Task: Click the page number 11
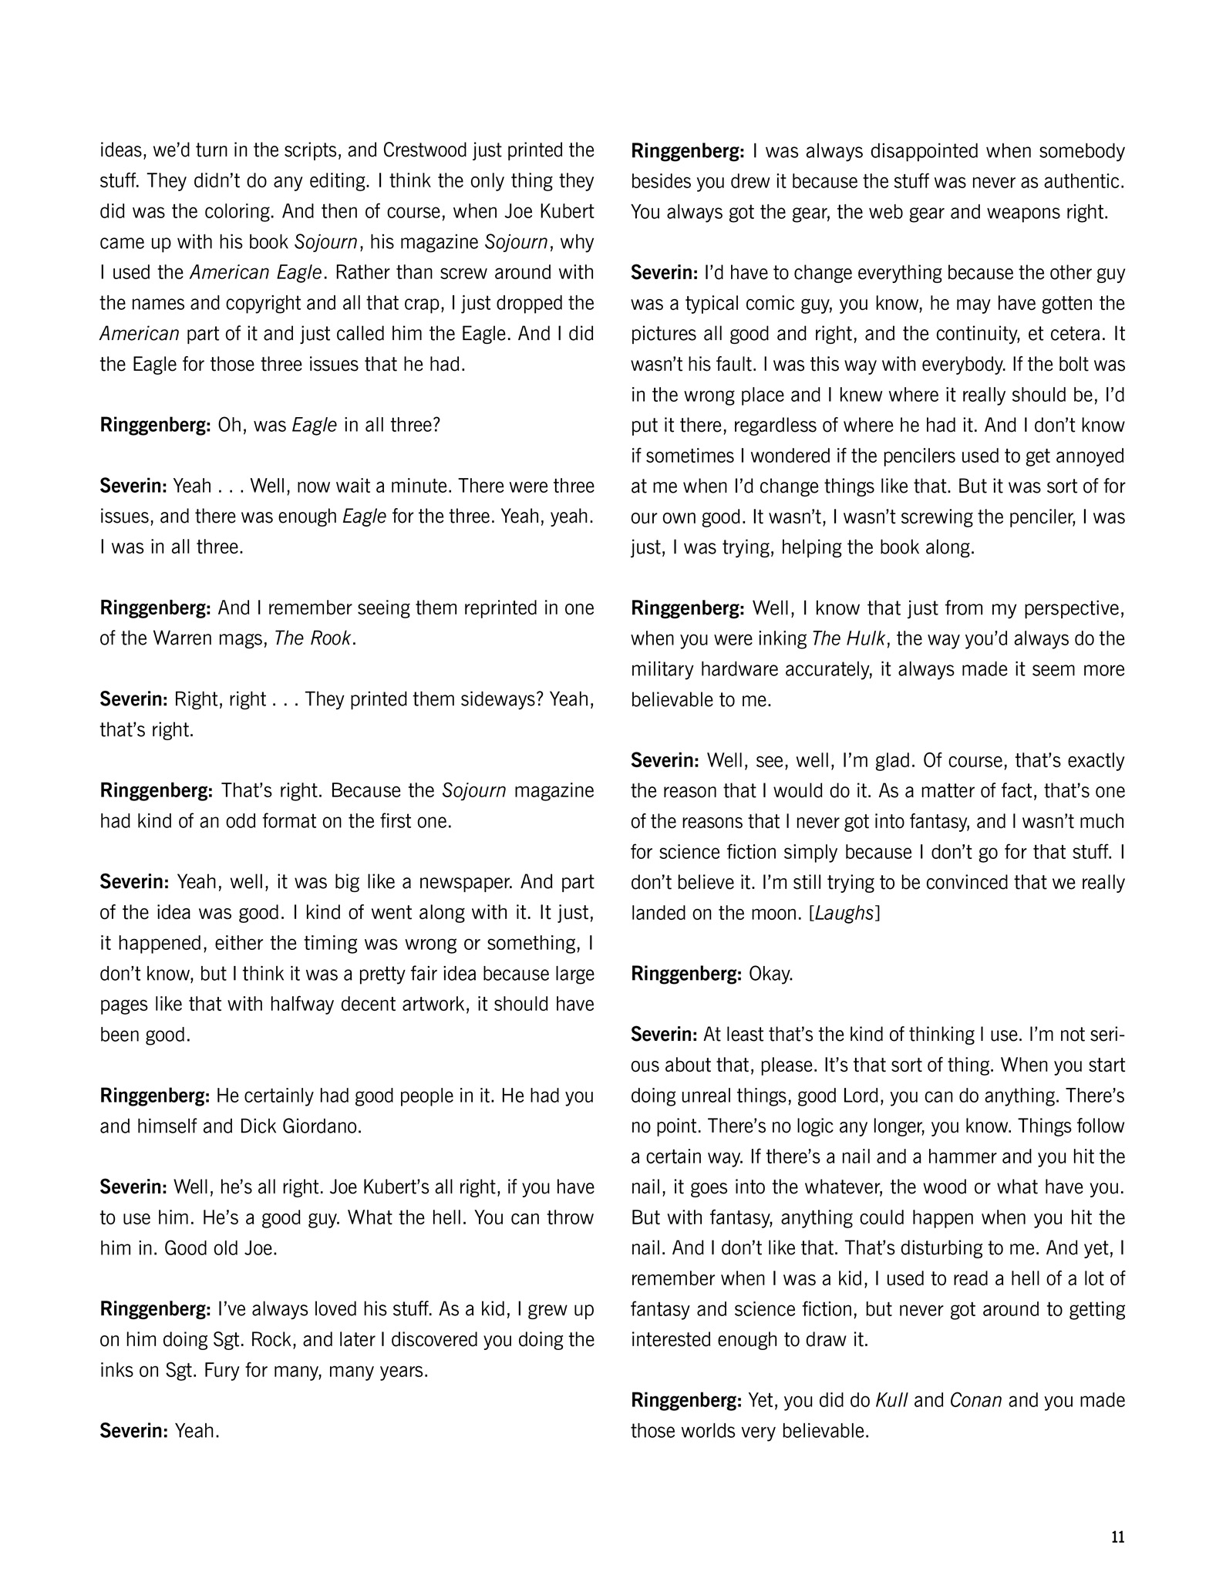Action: click(x=1118, y=1537)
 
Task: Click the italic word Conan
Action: click(x=975, y=1400)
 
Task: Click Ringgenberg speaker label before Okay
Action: click(x=686, y=974)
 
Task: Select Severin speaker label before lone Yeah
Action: click(x=133, y=1431)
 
